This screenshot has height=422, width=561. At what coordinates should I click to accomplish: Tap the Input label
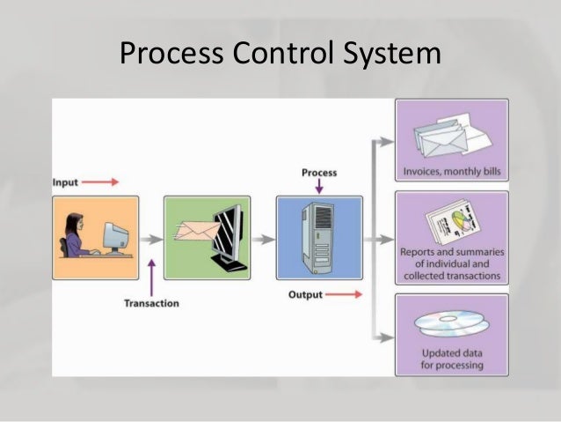pyautogui.click(x=65, y=182)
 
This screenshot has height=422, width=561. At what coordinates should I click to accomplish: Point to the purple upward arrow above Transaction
pyautogui.click(x=152, y=274)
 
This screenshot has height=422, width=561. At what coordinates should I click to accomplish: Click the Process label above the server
pyautogui.click(x=318, y=173)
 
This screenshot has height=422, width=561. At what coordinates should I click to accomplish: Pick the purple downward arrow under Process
pyautogui.click(x=318, y=187)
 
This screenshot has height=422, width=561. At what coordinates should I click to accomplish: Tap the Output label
pyautogui.click(x=305, y=294)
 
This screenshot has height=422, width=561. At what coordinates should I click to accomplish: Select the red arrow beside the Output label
pyautogui.click(x=345, y=294)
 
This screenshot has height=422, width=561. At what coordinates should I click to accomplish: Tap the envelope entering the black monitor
pyautogui.click(x=196, y=230)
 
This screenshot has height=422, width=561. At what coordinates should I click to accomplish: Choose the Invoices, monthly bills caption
pyautogui.click(x=451, y=171)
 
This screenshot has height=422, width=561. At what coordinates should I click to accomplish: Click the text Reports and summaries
pyautogui.click(x=451, y=252)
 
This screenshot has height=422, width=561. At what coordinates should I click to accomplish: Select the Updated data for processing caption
pyautogui.click(x=452, y=359)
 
